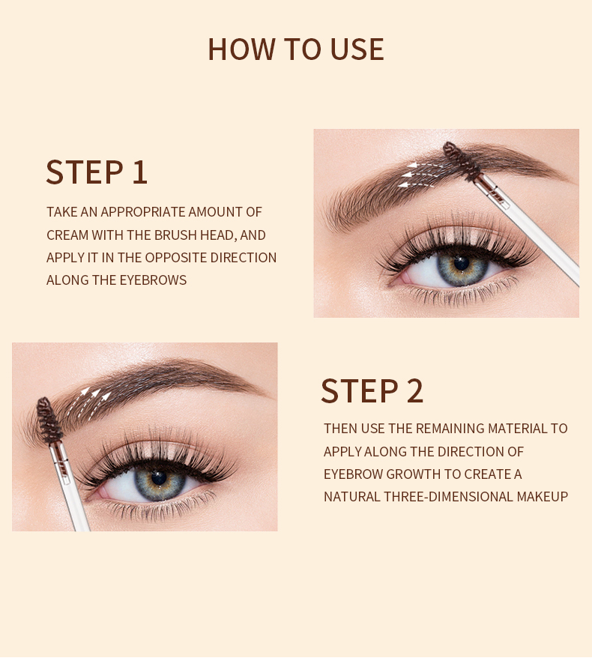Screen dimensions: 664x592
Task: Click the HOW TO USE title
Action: pos(295,49)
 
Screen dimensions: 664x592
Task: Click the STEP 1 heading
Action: pos(97,172)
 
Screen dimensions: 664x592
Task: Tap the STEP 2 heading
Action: pos(372,391)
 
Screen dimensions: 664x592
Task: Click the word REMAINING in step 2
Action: pos(450,429)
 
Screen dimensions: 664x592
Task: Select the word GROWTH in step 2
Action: pos(429,474)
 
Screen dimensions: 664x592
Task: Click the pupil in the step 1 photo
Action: pos(461,264)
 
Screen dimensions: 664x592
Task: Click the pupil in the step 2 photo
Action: pos(158,477)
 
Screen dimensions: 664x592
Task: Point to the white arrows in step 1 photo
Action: pos(419,173)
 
